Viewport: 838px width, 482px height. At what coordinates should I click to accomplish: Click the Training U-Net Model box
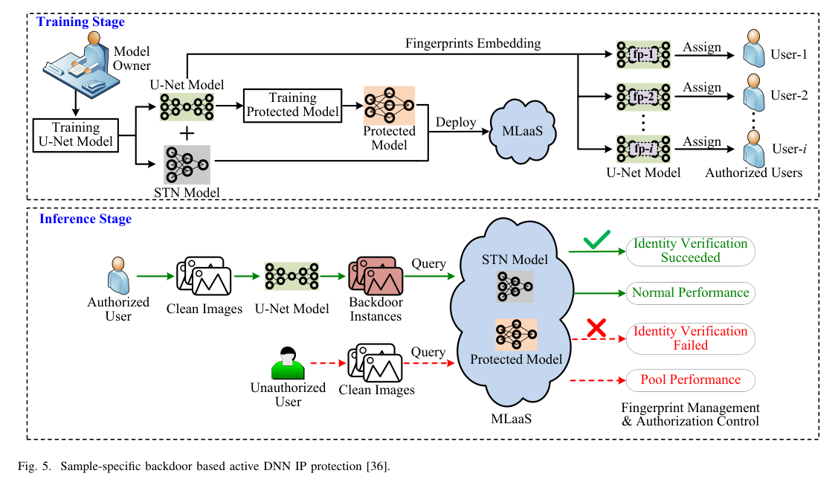click(77, 135)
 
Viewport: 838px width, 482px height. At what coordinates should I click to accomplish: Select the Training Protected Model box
click(293, 105)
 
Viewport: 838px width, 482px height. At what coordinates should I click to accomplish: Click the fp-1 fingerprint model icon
click(642, 55)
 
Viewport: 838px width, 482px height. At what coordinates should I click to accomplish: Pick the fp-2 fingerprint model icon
click(642, 96)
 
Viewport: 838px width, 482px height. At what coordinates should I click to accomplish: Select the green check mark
click(598, 242)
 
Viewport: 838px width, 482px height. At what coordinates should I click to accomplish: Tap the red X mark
click(595, 328)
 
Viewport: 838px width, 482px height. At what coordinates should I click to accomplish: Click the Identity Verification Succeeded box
click(690, 251)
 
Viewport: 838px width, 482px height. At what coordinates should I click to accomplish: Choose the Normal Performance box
click(690, 292)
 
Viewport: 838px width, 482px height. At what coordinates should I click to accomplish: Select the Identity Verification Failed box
click(690, 338)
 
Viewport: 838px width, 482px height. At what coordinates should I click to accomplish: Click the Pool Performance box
click(690, 379)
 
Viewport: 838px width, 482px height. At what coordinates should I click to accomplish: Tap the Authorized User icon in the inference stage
click(117, 275)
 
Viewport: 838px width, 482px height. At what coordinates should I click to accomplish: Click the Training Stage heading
click(81, 22)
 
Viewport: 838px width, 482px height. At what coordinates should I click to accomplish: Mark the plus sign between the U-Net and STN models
click(187, 133)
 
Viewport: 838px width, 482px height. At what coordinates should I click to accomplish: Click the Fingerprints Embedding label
click(473, 43)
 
